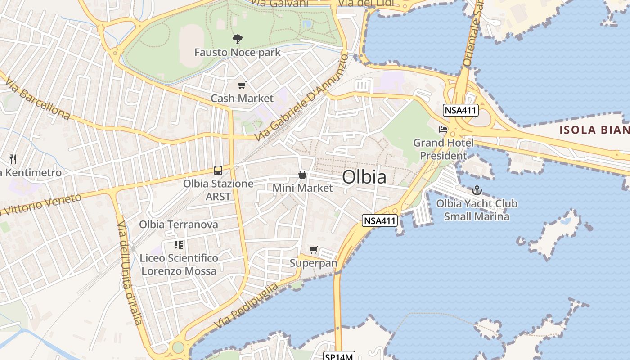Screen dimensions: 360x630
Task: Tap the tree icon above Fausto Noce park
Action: pyautogui.click(x=237, y=39)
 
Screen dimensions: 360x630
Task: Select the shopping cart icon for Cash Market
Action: pyautogui.click(x=242, y=85)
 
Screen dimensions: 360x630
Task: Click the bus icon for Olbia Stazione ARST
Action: pyautogui.click(x=218, y=171)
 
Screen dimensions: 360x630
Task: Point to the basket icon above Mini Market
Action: pyautogui.click(x=302, y=175)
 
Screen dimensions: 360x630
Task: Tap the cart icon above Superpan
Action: pyautogui.click(x=314, y=250)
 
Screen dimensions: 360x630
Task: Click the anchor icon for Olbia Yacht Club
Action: pyautogui.click(x=477, y=190)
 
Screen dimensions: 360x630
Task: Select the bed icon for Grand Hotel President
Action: pyautogui.click(x=443, y=130)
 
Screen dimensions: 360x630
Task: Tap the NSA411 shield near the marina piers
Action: pyautogui.click(x=380, y=220)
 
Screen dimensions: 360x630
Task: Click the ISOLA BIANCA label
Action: pyautogui.click(x=594, y=130)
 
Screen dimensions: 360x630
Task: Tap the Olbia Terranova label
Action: pyautogui.click(x=178, y=224)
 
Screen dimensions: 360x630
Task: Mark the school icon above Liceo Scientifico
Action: pyautogui.click(x=179, y=245)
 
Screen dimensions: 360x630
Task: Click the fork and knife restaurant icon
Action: pyautogui.click(x=13, y=159)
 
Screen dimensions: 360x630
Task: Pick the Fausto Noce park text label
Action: pyautogui.click(x=237, y=52)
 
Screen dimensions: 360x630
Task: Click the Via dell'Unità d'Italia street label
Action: pyautogui.click(x=130, y=273)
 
